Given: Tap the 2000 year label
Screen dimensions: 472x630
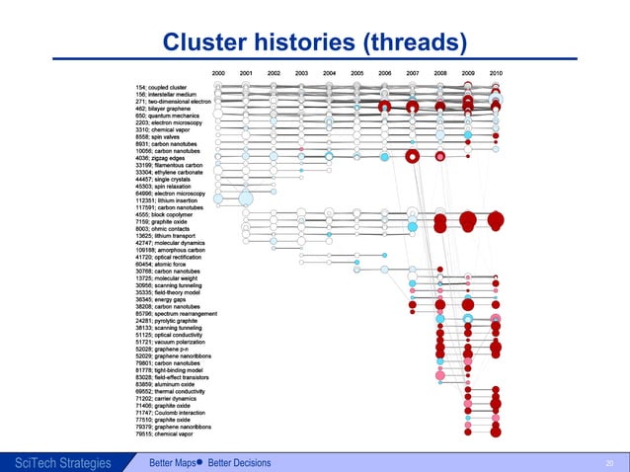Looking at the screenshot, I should click(x=218, y=73).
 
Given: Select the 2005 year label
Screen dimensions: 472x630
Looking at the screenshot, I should click(x=357, y=73).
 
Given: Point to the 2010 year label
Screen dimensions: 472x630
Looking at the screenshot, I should click(x=496, y=73).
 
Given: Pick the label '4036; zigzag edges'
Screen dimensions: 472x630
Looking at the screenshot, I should click(x=159, y=157).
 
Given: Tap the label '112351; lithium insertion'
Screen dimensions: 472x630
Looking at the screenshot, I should click(x=169, y=200).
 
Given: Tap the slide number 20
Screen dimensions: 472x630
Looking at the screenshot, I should click(x=609, y=462).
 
